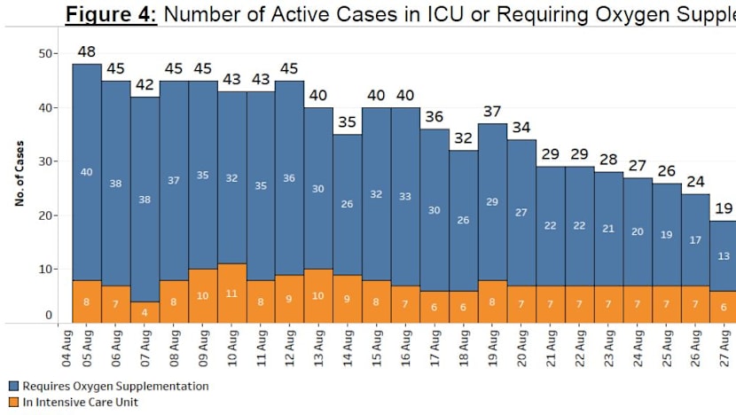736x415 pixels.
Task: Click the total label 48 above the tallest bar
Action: [x=87, y=52]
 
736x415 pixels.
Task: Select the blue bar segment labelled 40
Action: [x=87, y=172]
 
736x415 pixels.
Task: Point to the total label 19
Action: [x=724, y=209]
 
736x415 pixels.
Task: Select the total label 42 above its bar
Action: [x=145, y=85]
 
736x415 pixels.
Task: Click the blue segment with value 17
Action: [x=694, y=240]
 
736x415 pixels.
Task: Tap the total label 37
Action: [x=492, y=112]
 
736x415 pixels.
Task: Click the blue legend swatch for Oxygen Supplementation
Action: [x=13, y=387]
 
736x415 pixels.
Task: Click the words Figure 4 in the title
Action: [x=111, y=13]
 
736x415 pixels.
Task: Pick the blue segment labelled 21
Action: [x=608, y=228]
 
